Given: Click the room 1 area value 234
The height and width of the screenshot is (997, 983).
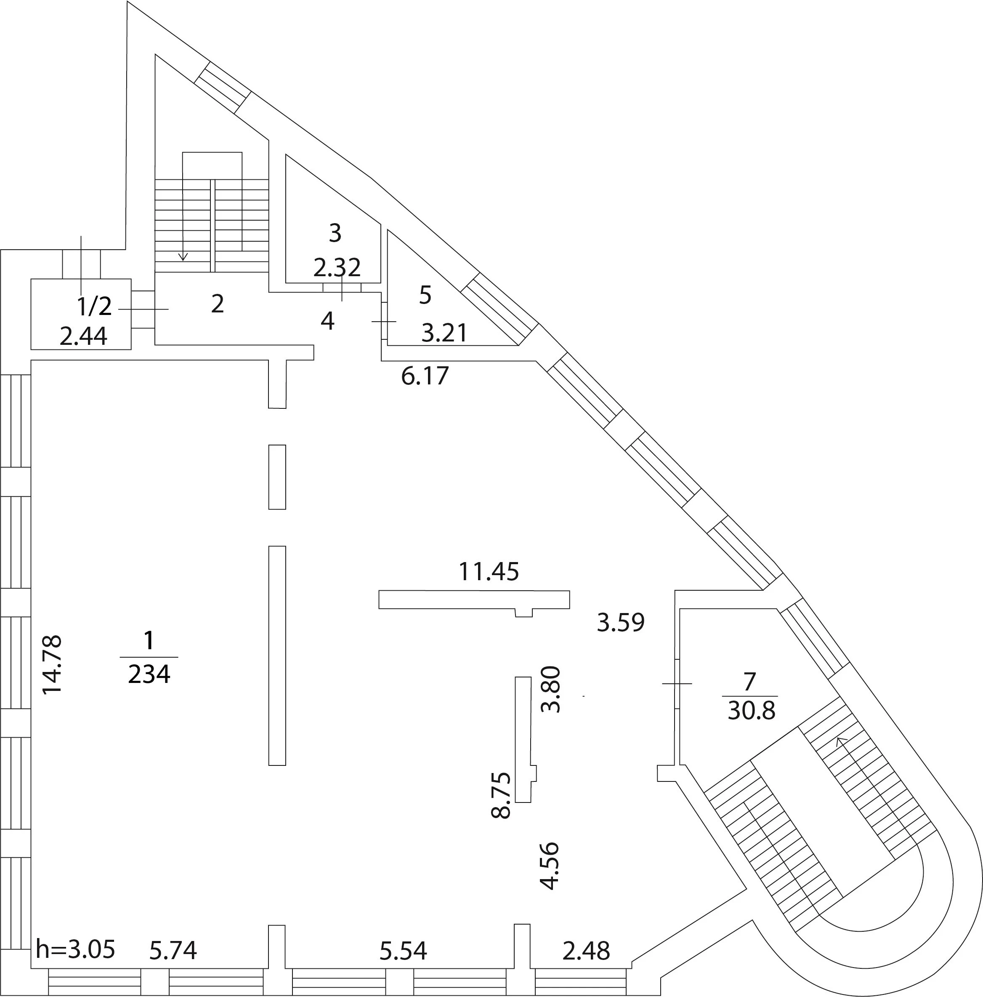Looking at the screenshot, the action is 149,674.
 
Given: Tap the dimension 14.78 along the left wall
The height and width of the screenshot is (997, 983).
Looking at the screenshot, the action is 52,665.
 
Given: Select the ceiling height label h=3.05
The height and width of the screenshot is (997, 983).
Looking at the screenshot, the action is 75,949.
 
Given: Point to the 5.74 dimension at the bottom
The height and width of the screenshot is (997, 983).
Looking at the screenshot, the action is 173,951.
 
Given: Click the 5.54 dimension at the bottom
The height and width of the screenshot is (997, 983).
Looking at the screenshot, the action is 403,951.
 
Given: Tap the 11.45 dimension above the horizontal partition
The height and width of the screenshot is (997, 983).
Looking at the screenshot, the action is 489,572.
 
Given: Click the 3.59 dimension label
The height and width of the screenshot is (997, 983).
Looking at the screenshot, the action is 621,622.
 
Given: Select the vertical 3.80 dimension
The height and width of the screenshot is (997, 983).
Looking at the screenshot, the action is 550,689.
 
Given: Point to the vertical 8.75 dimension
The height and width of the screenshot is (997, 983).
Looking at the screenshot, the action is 501,795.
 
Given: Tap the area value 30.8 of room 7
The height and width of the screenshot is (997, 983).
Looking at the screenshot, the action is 752,711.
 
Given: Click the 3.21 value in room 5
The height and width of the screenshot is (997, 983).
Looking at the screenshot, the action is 444,333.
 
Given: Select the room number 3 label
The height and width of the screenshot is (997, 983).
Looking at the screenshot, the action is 335,233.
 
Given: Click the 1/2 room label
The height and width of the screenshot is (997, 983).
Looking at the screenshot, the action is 94,307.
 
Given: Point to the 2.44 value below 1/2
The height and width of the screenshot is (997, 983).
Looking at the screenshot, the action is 84,336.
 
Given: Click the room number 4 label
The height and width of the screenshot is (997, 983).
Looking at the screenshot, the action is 327,321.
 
